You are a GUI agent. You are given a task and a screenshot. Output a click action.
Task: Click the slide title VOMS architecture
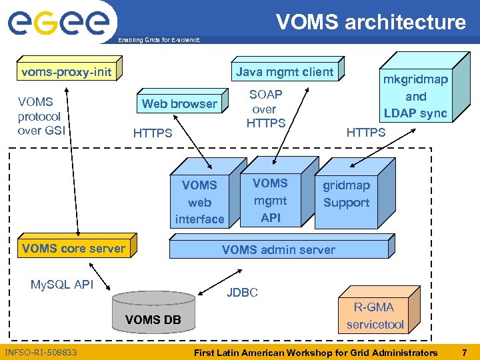coord(371,22)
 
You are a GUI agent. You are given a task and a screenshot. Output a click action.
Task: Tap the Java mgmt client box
coord(285,71)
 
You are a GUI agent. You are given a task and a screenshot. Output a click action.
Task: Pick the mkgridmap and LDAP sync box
coord(415,96)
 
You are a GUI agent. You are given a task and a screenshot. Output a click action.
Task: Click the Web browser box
coord(179,103)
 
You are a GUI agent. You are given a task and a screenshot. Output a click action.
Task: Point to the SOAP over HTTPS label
coord(266,109)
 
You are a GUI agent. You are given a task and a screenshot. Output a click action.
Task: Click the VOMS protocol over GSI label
coord(39,116)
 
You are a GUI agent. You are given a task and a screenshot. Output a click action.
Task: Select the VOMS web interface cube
coord(199,201)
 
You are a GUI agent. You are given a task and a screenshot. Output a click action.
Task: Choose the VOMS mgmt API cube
coord(270,199)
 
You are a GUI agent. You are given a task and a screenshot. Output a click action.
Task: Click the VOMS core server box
coord(73,249)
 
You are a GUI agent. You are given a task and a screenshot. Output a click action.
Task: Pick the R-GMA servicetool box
coord(375,316)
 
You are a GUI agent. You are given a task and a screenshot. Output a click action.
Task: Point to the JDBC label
coord(242,292)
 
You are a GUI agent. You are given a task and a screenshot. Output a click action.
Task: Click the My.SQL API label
coord(62,285)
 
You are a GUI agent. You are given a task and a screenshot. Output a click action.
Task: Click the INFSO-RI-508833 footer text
coord(41,352)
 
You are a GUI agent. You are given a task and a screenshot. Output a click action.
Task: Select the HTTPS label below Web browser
coord(153,133)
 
